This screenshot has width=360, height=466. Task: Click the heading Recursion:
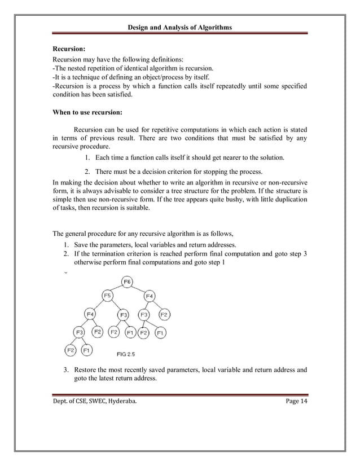point(69,50)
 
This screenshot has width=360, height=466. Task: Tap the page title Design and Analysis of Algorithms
point(179,28)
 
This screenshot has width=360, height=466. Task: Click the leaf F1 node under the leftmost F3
point(87,350)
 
